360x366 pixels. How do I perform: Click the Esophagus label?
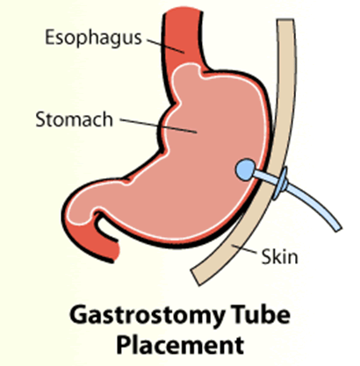(93, 38)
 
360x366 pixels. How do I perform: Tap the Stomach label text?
(74, 119)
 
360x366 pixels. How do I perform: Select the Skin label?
(279, 257)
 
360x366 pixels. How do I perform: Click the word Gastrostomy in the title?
(148, 317)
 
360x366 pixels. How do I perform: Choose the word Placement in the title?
(180, 345)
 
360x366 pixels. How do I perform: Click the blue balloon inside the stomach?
(245, 169)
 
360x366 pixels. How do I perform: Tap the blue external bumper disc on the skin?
(280, 183)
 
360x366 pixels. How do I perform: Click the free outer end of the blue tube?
(338, 228)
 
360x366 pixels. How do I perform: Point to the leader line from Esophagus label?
(165, 46)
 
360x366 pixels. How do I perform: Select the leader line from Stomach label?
(158, 126)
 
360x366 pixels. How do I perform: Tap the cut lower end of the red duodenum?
(116, 252)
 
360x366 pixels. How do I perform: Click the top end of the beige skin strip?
(285, 20)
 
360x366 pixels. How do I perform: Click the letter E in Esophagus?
(49, 37)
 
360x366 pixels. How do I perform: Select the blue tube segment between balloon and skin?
(262, 176)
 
